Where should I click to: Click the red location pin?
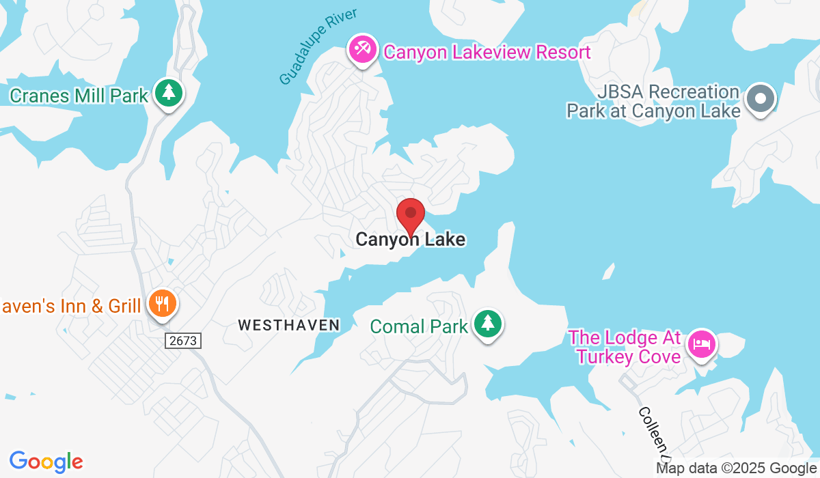pos(411,215)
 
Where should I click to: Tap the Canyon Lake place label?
pos(410,240)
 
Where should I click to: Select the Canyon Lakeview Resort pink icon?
pos(361,51)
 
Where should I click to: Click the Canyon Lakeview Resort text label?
pos(487,52)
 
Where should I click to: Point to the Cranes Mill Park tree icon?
pos(167,93)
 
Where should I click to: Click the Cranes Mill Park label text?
pos(79,95)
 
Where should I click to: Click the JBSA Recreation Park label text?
pos(653,101)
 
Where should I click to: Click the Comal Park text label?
pos(419,326)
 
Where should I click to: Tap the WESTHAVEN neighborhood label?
pos(289,325)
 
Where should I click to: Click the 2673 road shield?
pos(184,340)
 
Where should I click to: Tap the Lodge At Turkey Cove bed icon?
pos(701,343)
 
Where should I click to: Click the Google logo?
pos(46,462)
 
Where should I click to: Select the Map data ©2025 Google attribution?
pos(737,468)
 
